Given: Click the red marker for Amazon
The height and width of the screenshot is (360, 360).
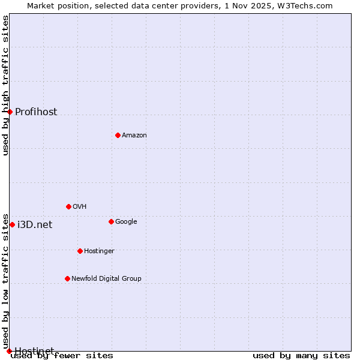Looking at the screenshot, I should [118, 135].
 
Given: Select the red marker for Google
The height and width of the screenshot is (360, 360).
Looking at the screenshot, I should [111, 221].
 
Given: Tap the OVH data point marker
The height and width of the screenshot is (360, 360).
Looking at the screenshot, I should [68, 206].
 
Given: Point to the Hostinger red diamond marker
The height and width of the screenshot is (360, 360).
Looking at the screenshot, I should [80, 251].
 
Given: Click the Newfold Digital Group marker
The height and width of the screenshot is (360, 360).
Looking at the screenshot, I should [67, 278].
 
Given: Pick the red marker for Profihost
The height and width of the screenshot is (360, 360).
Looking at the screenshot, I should [10, 112].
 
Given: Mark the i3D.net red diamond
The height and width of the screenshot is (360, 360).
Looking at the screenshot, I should [12, 224].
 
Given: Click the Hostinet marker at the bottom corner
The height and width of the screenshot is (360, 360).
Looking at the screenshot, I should [9, 351].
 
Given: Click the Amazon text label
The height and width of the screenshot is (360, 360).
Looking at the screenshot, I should [134, 135].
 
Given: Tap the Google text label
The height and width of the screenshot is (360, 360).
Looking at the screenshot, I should [126, 221].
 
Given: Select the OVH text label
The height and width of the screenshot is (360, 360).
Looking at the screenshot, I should [80, 206].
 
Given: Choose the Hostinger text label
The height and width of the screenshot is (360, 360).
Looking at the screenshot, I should [99, 251].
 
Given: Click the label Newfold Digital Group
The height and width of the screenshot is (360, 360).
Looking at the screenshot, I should [106, 278].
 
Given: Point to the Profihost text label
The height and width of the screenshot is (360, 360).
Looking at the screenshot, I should [36, 112].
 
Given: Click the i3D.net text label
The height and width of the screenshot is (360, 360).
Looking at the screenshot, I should [35, 224].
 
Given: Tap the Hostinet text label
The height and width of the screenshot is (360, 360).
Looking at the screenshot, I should [34, 350].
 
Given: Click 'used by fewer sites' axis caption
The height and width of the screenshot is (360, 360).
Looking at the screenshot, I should [62, 356].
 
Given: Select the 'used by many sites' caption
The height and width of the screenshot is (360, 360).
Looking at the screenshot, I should [301, 356].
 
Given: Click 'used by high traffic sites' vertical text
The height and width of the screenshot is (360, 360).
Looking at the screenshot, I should [5, 85].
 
